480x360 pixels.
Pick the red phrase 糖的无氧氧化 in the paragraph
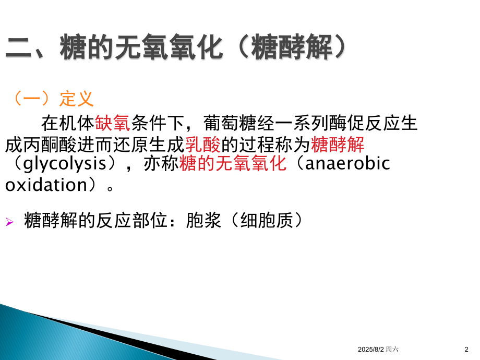233,164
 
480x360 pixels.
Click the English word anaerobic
346,164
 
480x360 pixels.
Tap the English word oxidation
46,185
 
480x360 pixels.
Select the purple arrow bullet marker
9,222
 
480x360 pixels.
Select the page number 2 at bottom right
466,349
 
